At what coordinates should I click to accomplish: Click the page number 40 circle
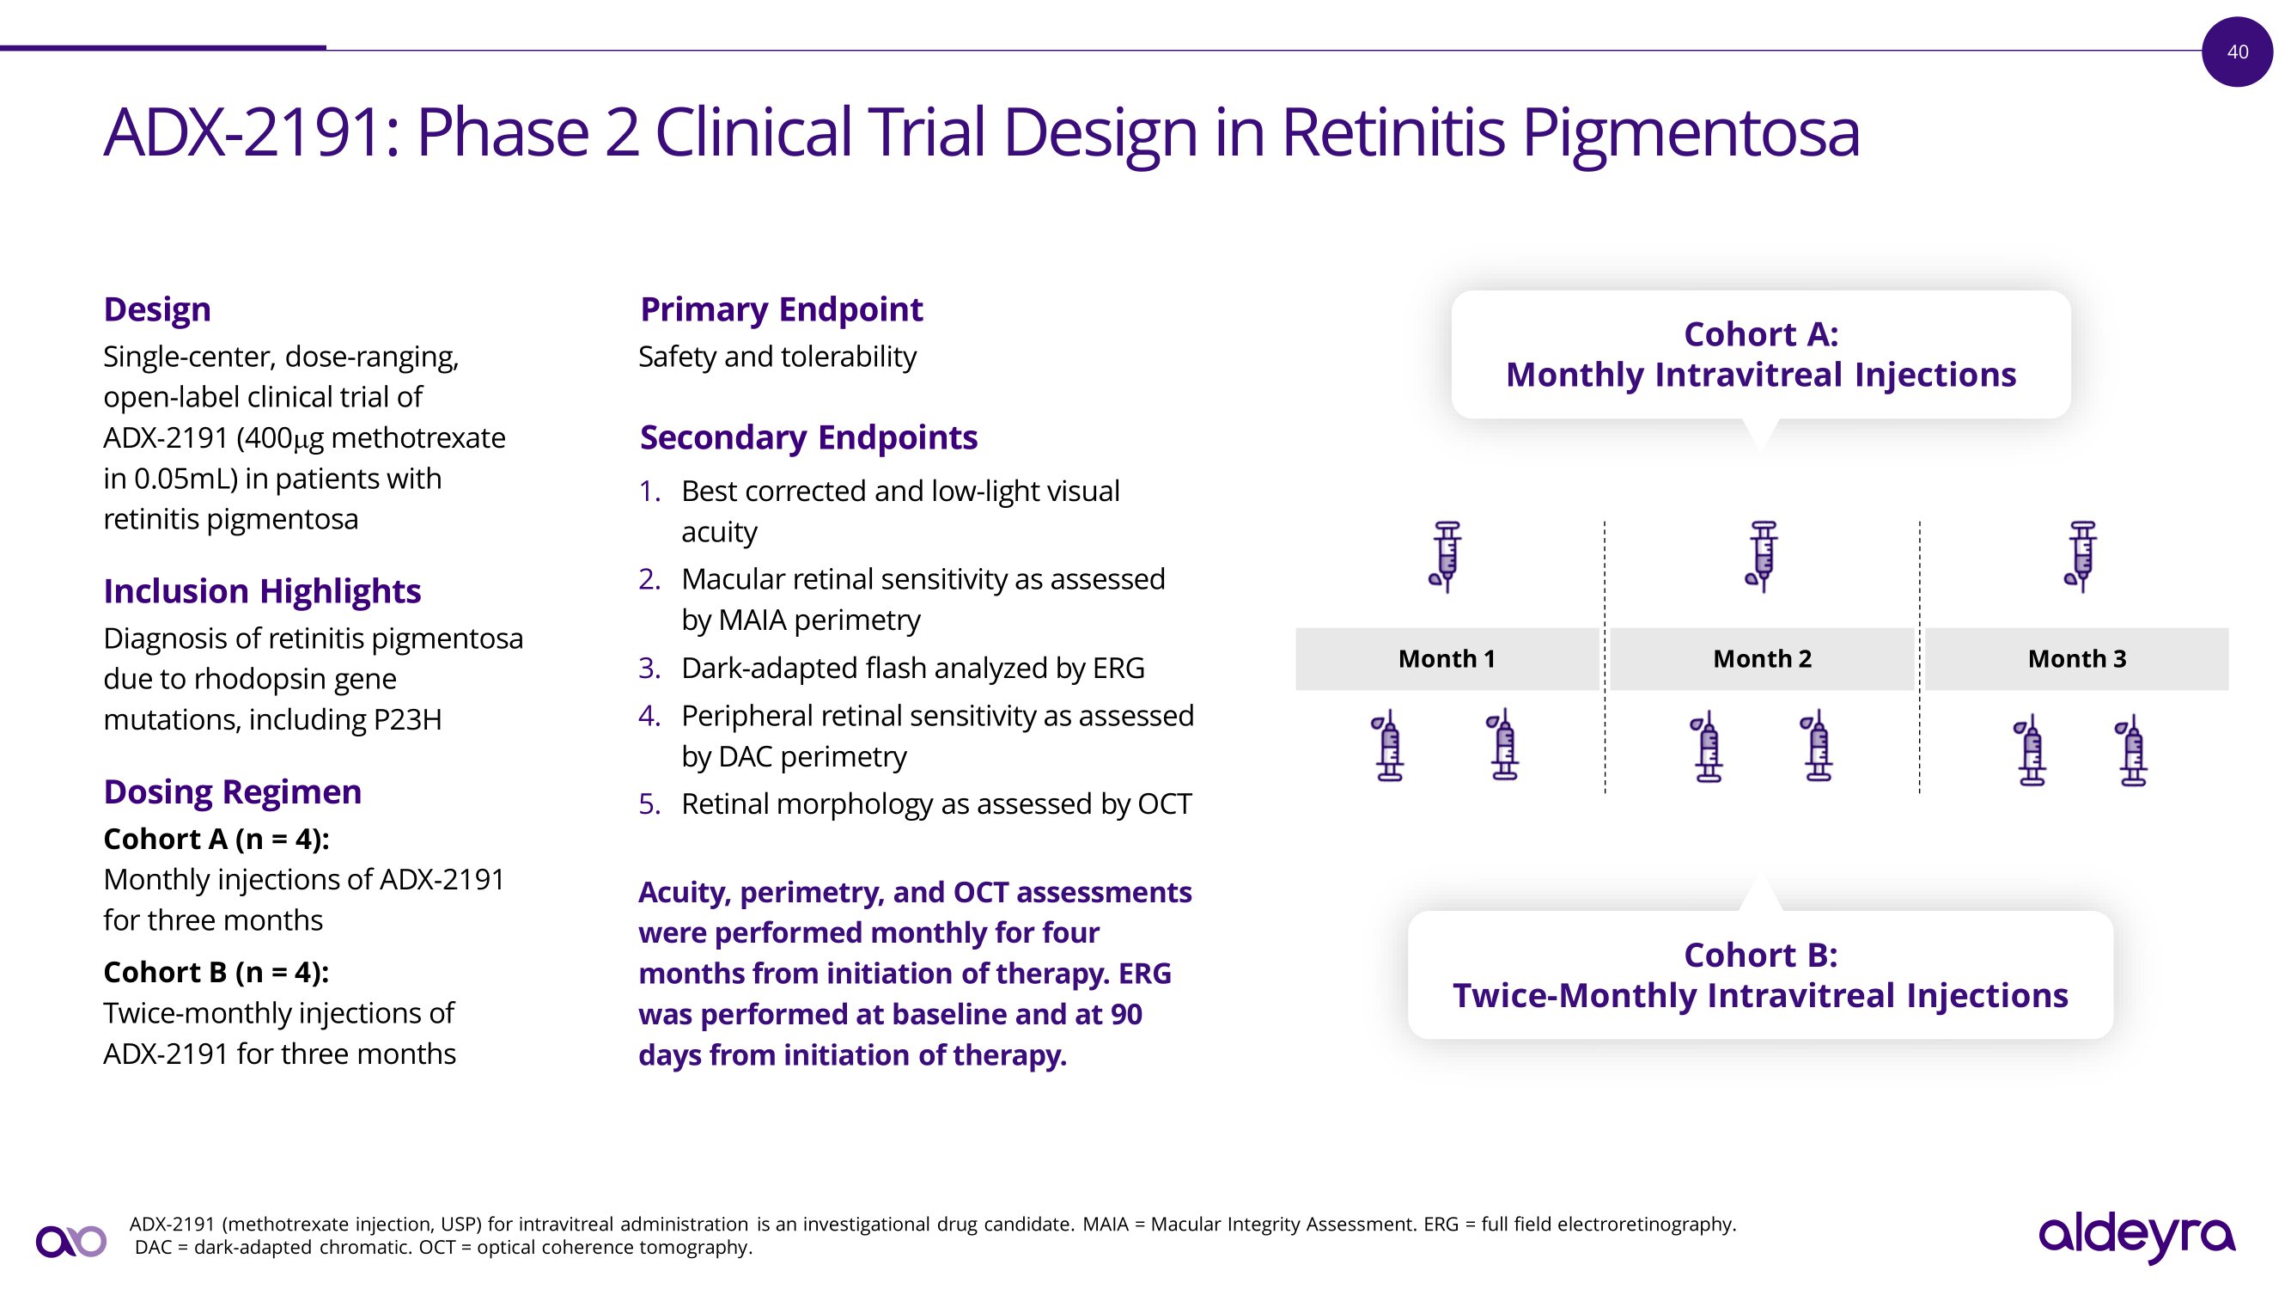[2237, 52]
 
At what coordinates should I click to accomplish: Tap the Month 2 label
[1762, 658]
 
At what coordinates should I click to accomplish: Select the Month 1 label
[1447, 658]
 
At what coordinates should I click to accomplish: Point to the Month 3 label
[2076, 658]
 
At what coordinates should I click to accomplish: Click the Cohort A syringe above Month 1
[1446, 557]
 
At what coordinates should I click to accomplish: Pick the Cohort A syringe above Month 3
[2081, 557]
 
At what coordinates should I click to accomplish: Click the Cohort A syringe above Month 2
[1762, 557]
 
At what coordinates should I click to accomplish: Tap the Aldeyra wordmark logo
[2136, 1237]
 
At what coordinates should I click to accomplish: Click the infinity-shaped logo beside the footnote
[71, 1241]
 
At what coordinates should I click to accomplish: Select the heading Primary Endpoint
[782, 309]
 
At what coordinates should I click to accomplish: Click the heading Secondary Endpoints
[808, 437]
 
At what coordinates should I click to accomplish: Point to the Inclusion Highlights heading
[262, 591]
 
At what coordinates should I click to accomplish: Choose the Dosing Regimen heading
[232, 791]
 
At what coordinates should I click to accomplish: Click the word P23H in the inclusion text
[407, 718]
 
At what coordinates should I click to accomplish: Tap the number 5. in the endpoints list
[649, 804]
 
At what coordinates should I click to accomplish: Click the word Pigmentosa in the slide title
[1691, 132]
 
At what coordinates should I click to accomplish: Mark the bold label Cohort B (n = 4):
[216, 972]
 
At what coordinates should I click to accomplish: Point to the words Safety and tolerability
[777, 357]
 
